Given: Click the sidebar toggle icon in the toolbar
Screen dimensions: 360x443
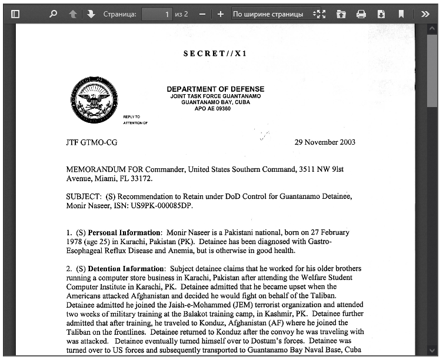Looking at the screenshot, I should point(15,14).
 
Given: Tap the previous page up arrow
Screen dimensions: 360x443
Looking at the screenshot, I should point(72,14).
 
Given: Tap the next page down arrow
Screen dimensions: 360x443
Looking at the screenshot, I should point(91,14).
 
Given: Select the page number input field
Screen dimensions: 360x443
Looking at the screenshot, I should point(157,14).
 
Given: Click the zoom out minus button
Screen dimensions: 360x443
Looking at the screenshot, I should point(202,14).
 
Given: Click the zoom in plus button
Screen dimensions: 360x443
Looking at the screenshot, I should point(220,14).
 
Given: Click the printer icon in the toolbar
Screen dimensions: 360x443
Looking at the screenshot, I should point(361,14).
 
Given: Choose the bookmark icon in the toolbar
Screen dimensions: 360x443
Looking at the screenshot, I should point(401,14).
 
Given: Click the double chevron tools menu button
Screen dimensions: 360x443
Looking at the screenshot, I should point(425,14).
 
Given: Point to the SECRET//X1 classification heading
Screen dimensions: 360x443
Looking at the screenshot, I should point(215,54).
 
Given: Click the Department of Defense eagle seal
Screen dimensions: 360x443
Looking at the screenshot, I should point(94,101).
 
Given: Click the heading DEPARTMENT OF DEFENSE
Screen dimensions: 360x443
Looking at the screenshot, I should point(215,89).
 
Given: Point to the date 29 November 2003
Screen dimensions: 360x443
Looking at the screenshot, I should point(325,142).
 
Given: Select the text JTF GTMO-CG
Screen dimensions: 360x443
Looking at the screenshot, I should point(92,142).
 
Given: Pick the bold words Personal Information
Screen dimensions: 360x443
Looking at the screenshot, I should point(124,232).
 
